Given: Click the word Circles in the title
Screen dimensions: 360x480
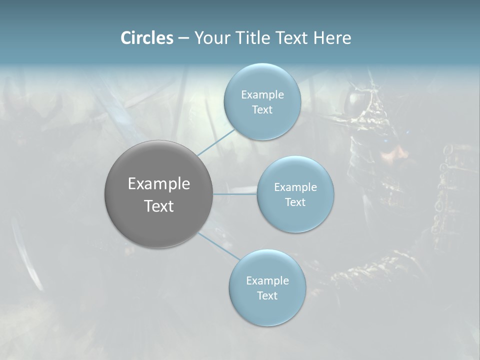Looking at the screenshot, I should [x=146, y=38].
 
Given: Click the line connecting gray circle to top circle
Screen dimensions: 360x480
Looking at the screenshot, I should [x=216, y=142].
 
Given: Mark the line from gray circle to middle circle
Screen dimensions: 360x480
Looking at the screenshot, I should [x=235, y=193].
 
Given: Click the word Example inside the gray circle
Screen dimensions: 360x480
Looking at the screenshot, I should [x=158, y=184].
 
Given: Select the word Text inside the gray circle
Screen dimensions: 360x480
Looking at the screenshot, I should [x=158, y=206].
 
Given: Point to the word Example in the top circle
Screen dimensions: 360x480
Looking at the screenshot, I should [x=262, y=95].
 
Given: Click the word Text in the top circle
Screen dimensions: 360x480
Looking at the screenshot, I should [x=262, y=110].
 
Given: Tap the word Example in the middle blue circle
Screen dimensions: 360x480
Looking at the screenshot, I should [x=295, y=187].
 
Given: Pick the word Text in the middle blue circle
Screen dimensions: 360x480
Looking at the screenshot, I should [x=295, y=202].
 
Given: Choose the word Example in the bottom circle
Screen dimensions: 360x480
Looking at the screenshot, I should [x=267, y=281].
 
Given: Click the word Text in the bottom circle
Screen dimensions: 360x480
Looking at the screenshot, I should [x=267, y=296].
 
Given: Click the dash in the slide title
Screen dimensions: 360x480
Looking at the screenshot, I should [x=183, y=38].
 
